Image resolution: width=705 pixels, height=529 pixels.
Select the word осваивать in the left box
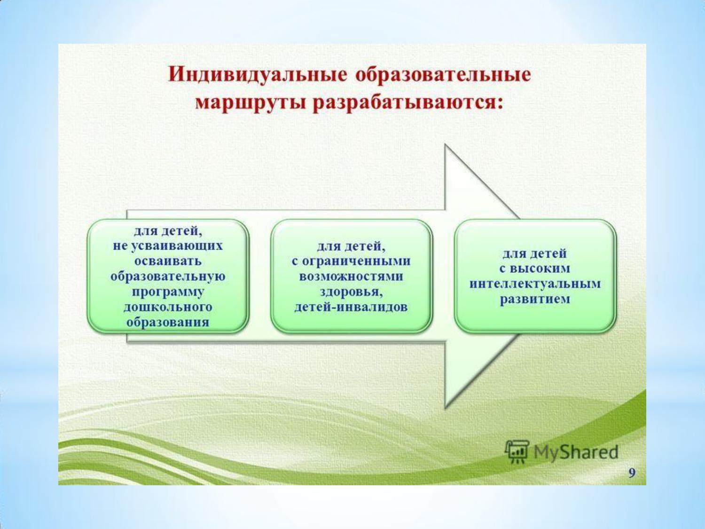(168, 261)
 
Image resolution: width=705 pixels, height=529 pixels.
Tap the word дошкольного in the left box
(168, 307)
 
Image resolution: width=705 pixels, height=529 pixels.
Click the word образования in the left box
(168, 322)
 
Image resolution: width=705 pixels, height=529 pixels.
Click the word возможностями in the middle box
(351, 276)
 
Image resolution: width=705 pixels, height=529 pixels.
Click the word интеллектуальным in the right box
(535, 284)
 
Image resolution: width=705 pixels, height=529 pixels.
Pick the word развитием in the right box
(535, 300)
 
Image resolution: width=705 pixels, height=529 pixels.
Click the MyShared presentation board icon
(517, 451)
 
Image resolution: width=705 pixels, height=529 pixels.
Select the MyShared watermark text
(576, 452)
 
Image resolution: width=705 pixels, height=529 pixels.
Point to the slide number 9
(632, 474)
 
